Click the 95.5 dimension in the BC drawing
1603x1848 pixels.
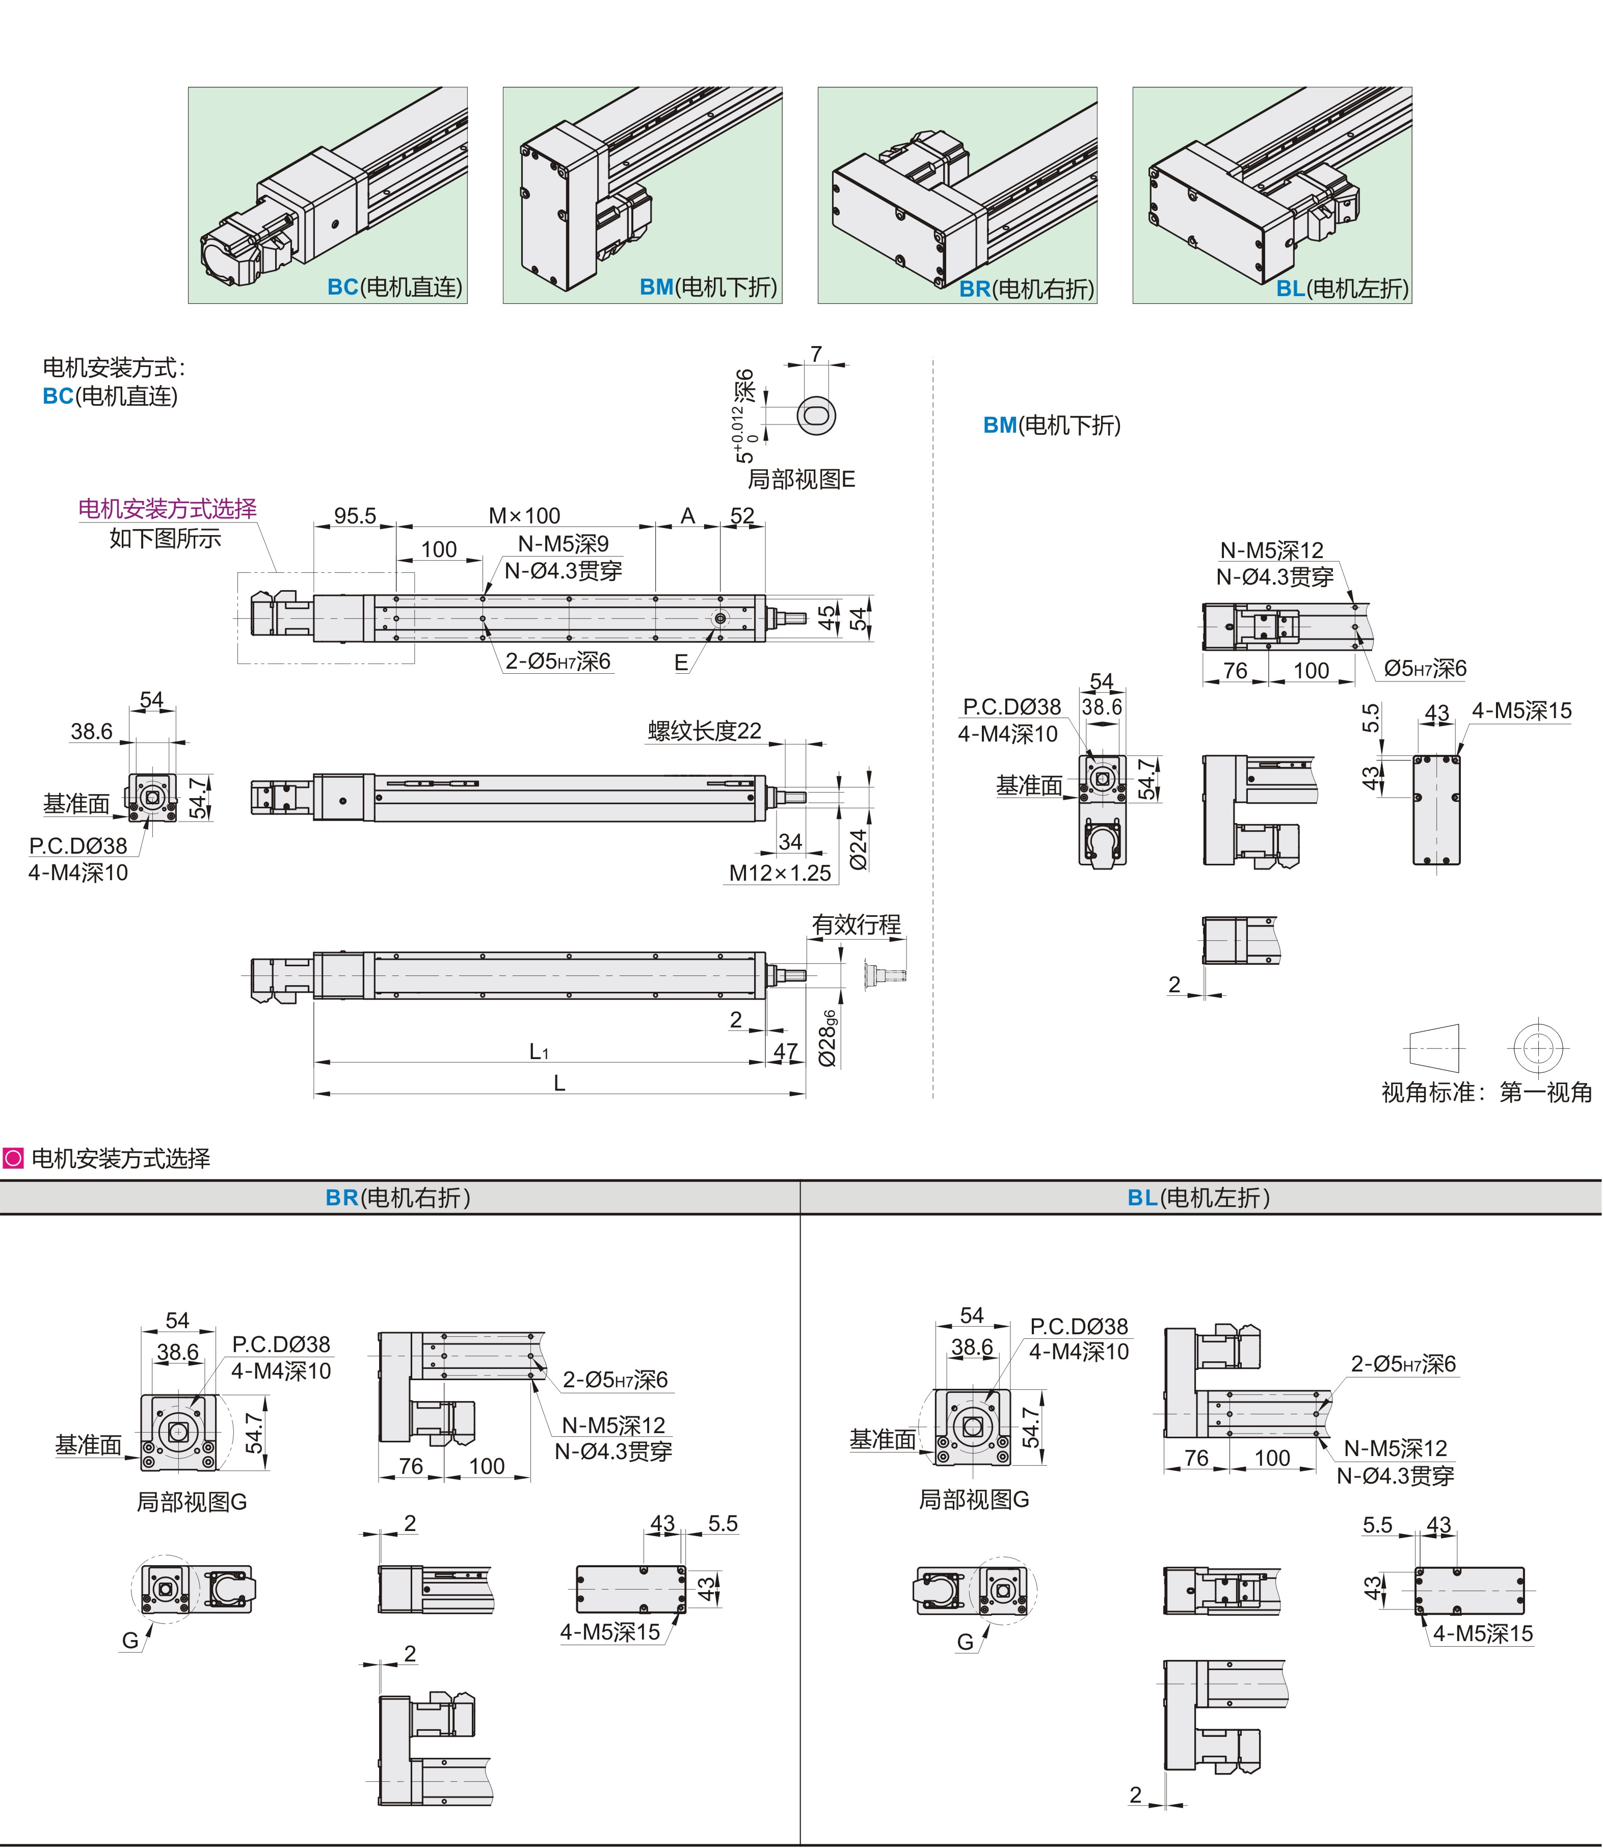[355, 516]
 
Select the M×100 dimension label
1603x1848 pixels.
[524, 516]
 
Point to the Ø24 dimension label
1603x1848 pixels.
[859, 849]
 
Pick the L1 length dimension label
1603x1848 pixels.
[539, 1051]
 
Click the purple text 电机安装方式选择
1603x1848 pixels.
[167, 508]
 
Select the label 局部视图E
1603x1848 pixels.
[801, 480]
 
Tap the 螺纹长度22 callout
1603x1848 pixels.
[705, 731]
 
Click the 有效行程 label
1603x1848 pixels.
[856, 925]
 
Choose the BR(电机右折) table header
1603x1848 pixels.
[398, 1197]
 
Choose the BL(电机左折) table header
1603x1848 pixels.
[1198, 1197]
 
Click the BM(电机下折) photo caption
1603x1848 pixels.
[708, 287]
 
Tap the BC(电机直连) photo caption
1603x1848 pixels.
[394, 287]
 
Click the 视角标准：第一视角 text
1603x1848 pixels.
[1487, 1093]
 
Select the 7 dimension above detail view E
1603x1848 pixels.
[816, 354]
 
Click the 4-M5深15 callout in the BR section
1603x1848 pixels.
[610, 1632]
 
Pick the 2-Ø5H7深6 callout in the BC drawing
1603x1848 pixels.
[558, 662]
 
